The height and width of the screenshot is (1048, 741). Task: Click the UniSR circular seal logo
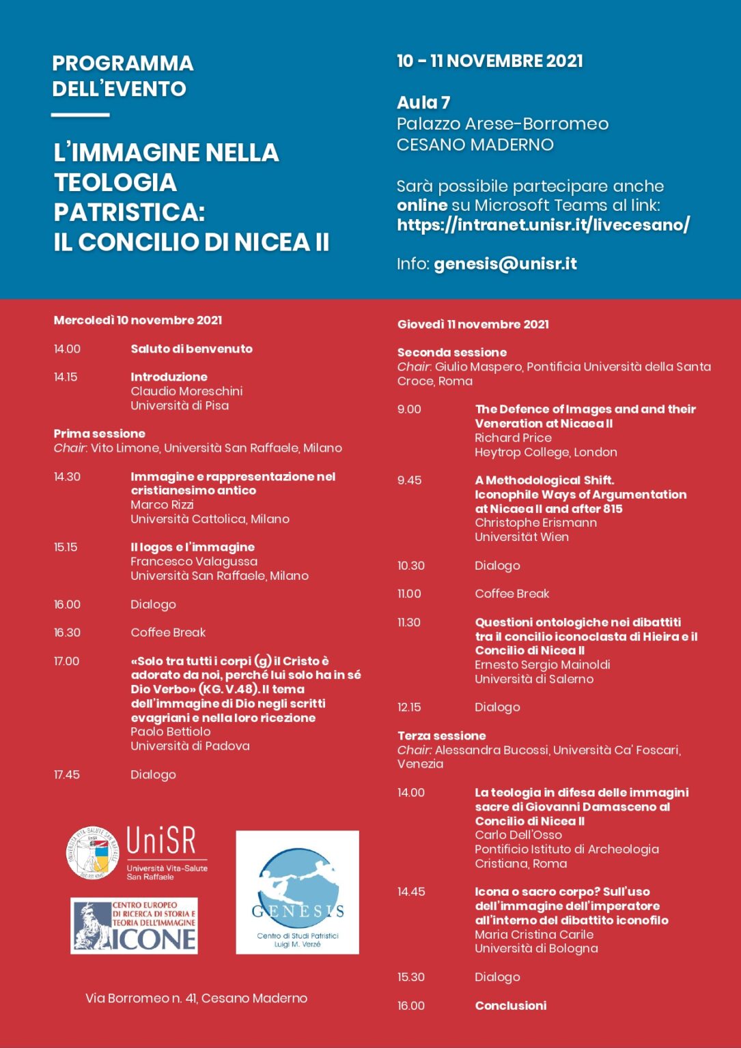(93, 853)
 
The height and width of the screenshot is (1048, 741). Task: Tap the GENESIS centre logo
(297, 892)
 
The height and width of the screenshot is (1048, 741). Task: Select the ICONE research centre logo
(135, 925)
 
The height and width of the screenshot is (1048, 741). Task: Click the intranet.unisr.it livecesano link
(543, 224)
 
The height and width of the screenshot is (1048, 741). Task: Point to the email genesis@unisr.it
(505, 264)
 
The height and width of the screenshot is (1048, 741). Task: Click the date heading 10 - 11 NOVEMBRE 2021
(490, 61)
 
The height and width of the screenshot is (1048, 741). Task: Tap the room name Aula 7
(423, 103)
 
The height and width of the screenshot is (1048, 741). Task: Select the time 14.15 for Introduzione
(66, 377)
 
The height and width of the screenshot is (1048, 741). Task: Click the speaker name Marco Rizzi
(162, 505)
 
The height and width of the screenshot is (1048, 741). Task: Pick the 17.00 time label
(67, 661)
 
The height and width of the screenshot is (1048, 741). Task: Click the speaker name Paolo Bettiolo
(170, 731)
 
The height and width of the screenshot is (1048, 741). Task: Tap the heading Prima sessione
(100, 434)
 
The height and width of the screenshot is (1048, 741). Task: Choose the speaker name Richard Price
(513, 438)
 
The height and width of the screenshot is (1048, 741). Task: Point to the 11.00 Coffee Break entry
(512, 594)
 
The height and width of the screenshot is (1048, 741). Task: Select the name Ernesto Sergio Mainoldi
(542, 665)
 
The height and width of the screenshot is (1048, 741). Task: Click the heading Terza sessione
(442, 736)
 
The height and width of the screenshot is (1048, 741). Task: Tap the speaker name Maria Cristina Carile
(534, 935)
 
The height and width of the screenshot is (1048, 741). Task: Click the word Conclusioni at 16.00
(511, 1006)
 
